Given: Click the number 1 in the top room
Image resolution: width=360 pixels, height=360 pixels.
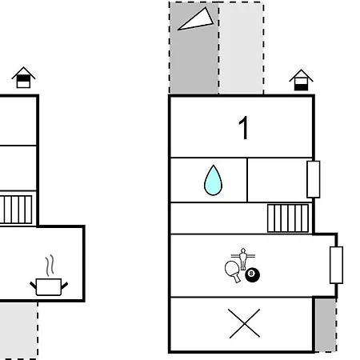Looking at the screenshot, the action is [244, 128].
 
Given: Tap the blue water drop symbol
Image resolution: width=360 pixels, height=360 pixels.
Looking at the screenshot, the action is [213, 181].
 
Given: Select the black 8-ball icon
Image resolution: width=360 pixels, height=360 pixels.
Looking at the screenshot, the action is [252, 274].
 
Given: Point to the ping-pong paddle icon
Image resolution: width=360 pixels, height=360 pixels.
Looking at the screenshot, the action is [233, 270].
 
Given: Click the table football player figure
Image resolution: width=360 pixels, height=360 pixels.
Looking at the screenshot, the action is [243, 258].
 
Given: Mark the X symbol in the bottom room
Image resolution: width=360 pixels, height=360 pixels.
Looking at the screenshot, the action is [244, 323].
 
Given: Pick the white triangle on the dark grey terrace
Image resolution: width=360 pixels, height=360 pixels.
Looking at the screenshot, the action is [196, 18].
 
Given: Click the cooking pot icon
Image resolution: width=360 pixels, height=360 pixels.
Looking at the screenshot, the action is [49, 286].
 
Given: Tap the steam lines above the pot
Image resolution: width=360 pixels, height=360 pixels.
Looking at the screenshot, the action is [50, 265].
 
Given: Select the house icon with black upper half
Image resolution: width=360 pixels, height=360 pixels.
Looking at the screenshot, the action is [23, 78].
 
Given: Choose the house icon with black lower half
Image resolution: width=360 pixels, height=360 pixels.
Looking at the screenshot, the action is [301, 80].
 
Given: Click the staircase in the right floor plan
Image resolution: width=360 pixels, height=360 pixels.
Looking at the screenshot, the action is [288, 218].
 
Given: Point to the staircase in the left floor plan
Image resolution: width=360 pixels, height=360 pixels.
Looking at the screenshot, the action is [16, 210].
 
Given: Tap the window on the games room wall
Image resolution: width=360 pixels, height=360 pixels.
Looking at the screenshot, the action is [336, 265].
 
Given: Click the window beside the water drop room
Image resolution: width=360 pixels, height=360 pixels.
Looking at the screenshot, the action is [314, 179].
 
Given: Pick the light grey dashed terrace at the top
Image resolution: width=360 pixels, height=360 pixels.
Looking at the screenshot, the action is [241, 48].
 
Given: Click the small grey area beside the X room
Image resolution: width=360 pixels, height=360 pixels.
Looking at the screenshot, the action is [326, 325].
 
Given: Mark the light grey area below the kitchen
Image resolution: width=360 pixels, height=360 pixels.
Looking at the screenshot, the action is [18, 330].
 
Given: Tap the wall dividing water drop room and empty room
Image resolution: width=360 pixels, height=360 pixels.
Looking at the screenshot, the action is [247, 180].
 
